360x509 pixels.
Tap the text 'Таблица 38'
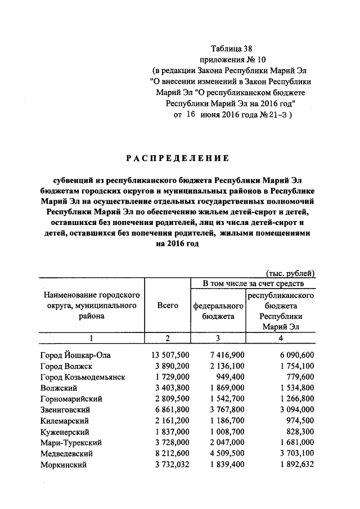(232, 49)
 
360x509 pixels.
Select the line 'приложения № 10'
(232, 60)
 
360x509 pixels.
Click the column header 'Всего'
(168, 305)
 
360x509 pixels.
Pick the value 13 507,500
(170, 355)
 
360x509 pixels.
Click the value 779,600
(299, 377)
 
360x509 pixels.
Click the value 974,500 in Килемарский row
(299, 421)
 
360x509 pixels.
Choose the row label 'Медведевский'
(66, 453)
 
